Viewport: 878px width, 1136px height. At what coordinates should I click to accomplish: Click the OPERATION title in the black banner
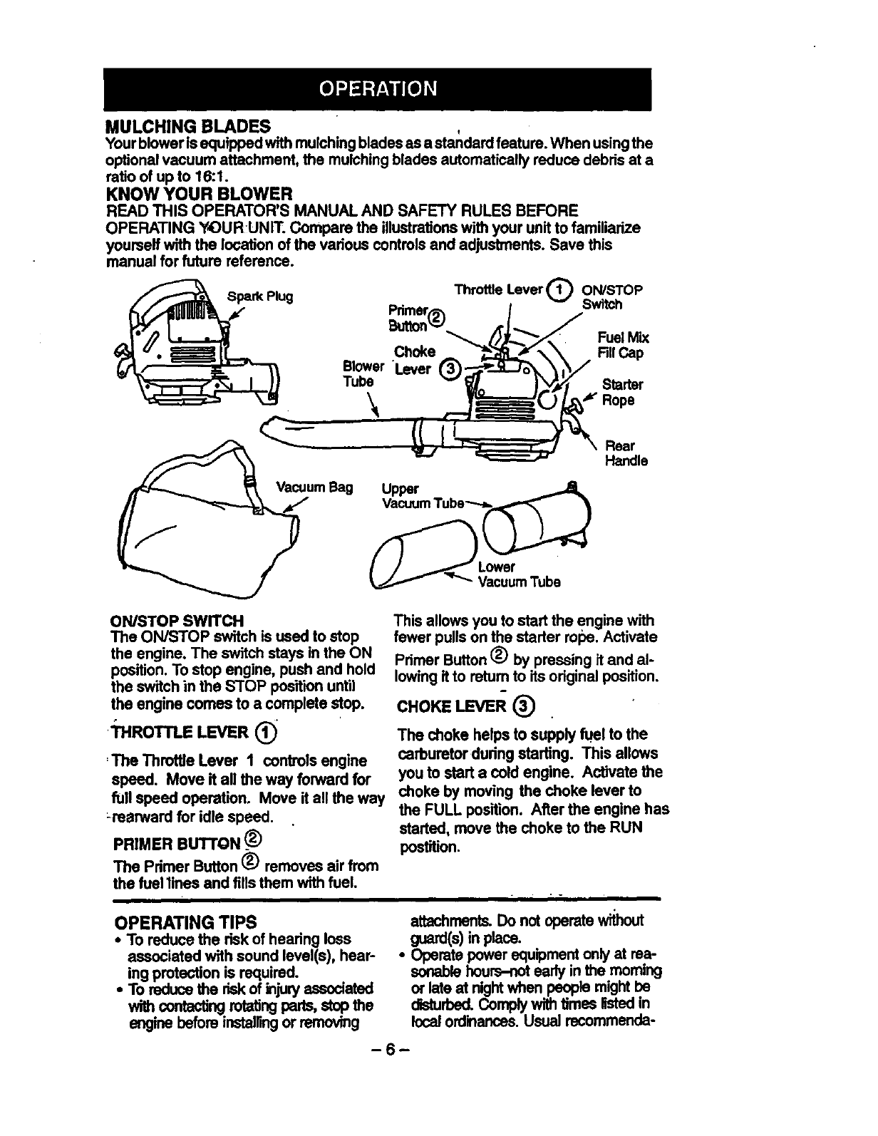(377, 88)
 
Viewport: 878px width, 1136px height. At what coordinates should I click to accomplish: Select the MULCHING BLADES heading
(187, 127)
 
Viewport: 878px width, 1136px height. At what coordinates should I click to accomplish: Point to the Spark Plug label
(260, 296)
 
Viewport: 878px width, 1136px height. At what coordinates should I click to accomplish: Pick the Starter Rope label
(622, 393)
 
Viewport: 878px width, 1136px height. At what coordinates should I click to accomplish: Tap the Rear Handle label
(625, 453)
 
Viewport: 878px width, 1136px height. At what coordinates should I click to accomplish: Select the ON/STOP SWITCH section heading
(177, 621)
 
